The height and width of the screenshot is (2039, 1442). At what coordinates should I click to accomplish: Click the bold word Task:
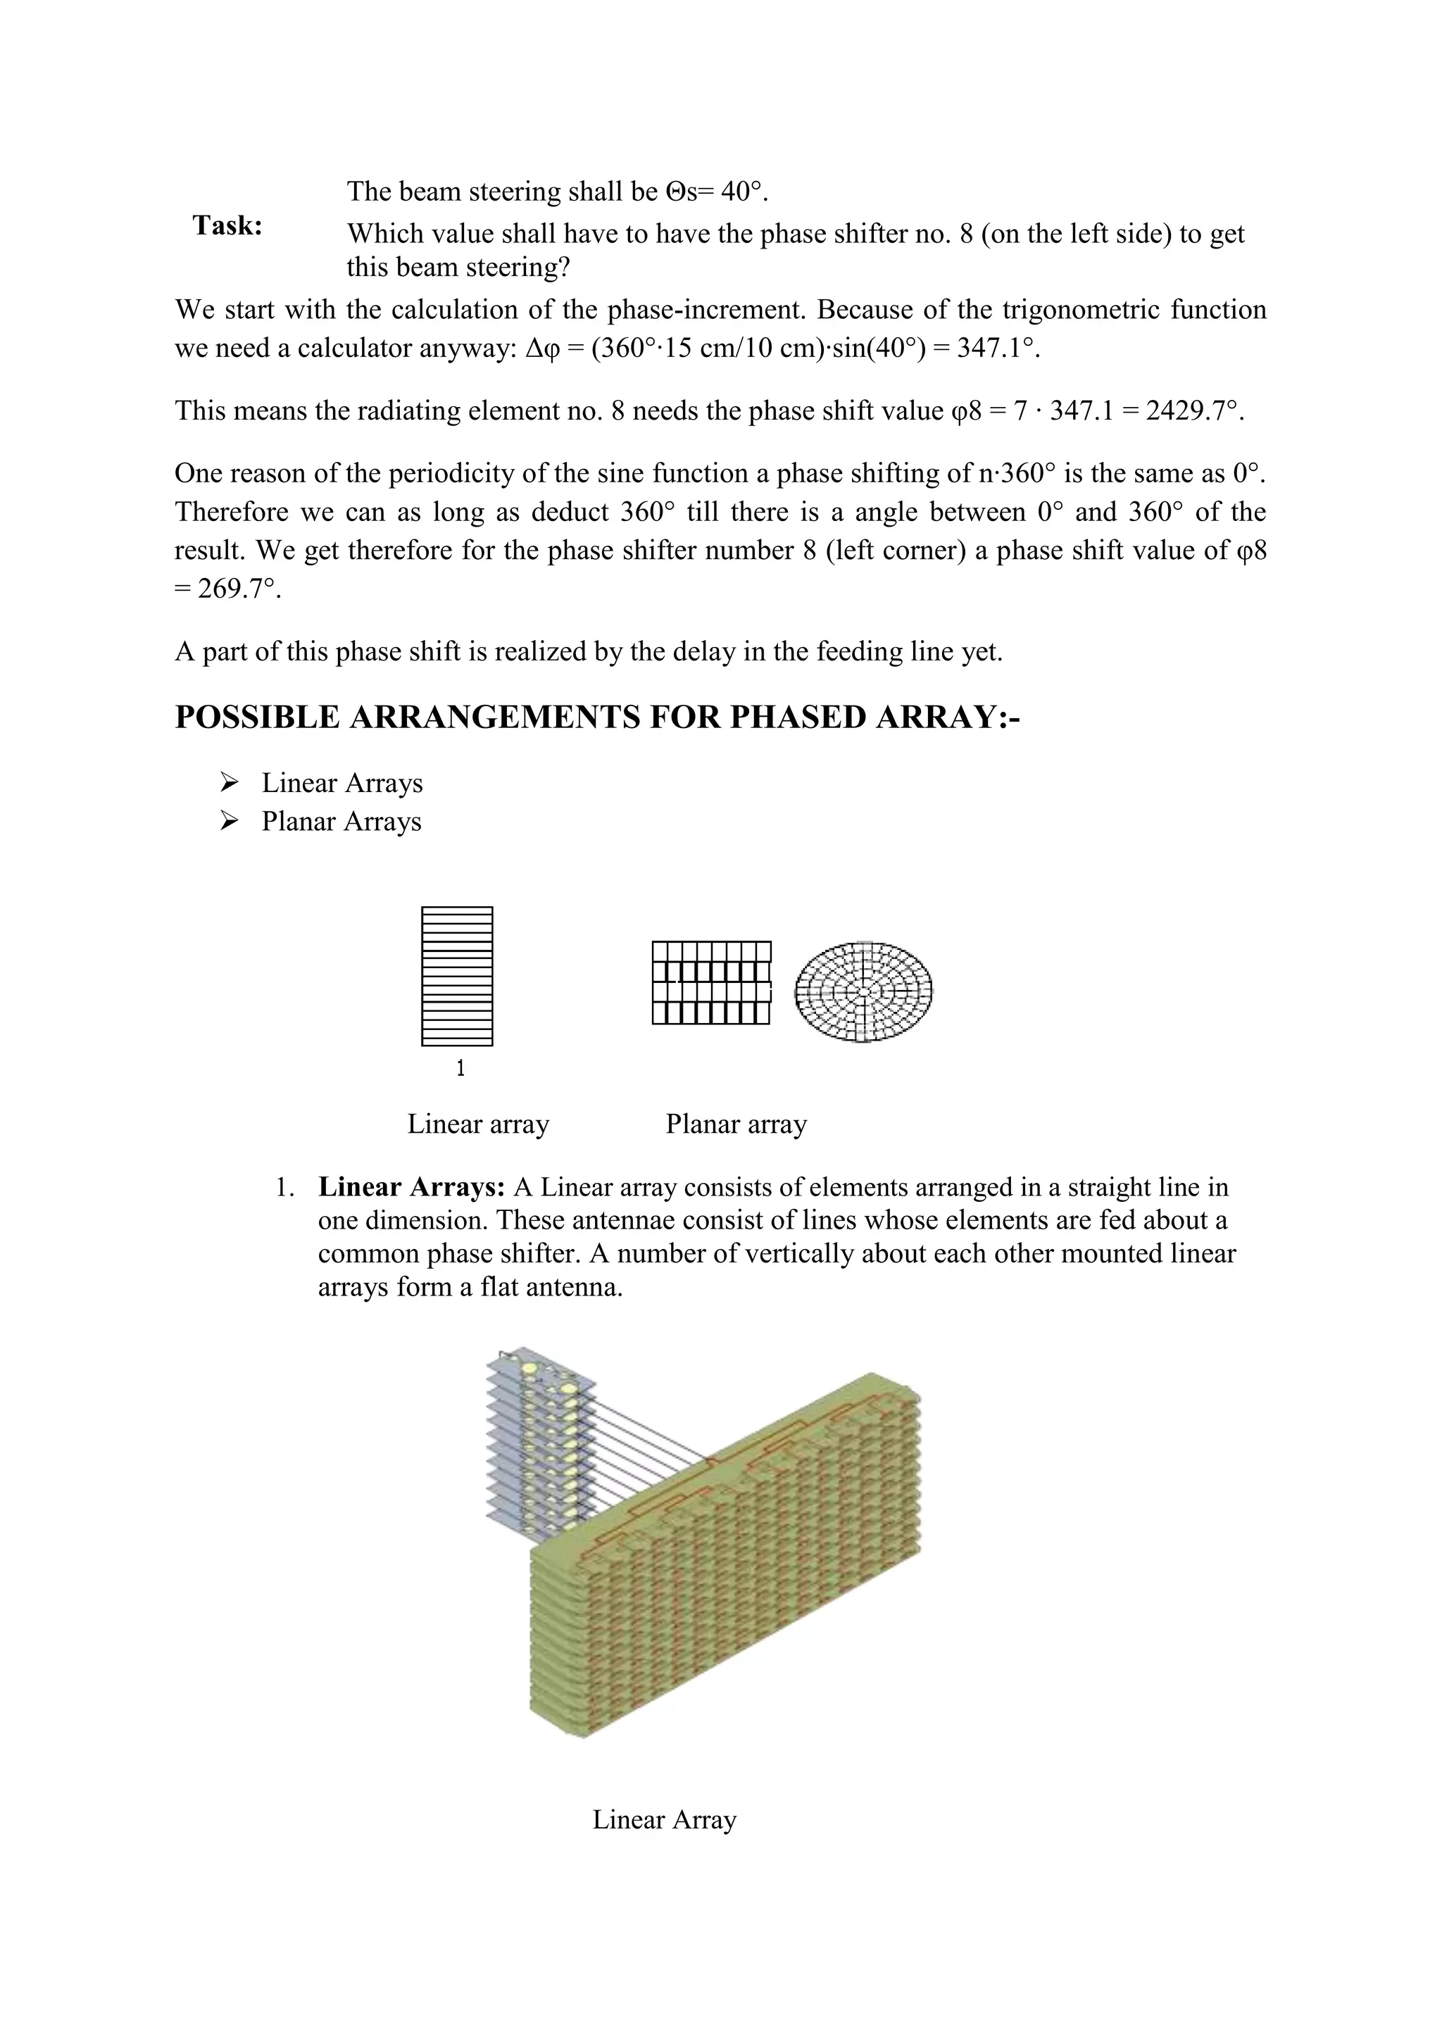pos(227,227)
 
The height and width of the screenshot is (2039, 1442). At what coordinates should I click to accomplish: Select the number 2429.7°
pos(1195,411)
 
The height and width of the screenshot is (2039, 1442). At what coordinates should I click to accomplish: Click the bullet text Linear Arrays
pos(342,783)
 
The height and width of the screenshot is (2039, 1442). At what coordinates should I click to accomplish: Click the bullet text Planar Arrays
pos(341,822)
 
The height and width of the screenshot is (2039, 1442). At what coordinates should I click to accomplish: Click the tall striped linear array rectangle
pos(457,976)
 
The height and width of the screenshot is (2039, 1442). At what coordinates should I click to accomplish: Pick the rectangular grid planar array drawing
pos(711,983)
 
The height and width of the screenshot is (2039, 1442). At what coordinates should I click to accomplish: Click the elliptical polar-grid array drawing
pos(863,991)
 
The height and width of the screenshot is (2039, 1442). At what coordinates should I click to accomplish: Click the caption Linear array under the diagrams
pos(477,1124)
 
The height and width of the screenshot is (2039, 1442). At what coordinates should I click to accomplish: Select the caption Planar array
pos(736,1124)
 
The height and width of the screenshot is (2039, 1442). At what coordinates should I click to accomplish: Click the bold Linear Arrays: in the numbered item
pos(412,1187)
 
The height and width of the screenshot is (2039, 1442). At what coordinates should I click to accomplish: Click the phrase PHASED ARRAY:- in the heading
pos(874,717)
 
